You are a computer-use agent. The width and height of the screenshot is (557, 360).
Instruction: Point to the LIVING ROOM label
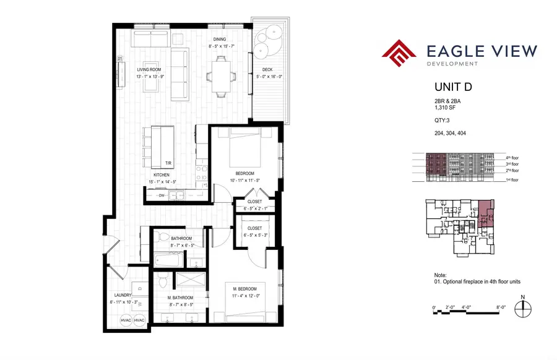coord(150,70)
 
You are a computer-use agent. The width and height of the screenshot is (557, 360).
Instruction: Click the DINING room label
coord(219,39)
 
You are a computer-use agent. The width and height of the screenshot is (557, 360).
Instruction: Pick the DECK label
coord(267,70)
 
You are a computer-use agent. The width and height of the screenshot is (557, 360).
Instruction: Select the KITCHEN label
coord(162,175)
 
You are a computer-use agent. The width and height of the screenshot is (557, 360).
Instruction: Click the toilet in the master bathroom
coord(162,281)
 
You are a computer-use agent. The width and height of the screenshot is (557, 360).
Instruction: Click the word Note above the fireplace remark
coord(439,275)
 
